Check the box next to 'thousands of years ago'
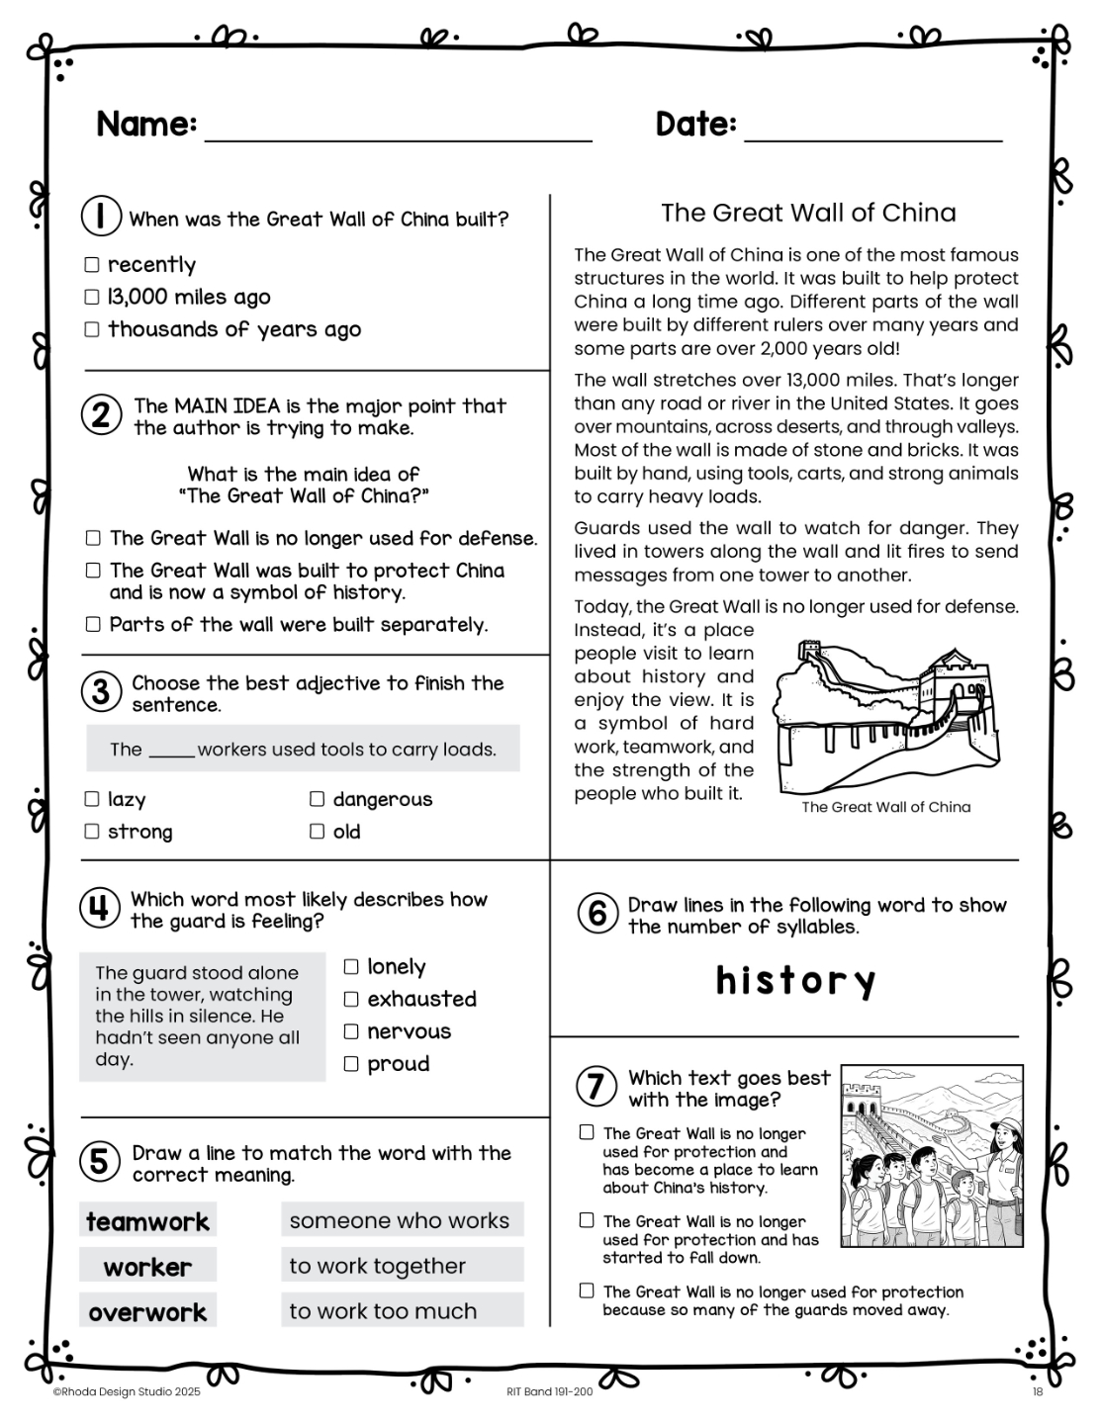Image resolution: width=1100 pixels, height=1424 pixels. pos(92,329)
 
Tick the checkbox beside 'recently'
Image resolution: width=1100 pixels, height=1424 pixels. pos(92,265)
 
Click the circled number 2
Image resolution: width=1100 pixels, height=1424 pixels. pos(101,415)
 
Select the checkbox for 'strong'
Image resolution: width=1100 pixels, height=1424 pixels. pos(92,832)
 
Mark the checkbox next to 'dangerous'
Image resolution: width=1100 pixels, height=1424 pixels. pos(317,799)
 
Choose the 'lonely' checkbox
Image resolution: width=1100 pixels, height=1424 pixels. pos(351,967)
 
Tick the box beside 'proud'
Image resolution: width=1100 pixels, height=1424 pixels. pos(351,1064)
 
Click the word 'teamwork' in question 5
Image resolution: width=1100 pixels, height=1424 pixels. pos(147,1221)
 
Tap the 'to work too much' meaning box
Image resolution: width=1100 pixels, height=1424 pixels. pos(402,1310)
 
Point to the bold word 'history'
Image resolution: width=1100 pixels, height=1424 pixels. pos(795,981)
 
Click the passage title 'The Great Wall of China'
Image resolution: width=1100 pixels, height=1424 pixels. pos(808,213)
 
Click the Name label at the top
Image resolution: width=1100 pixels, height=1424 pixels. pos(146,125)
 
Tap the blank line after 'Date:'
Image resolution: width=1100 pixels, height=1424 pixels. pos(872,133)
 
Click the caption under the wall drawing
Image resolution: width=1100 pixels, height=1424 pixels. pos(885,807)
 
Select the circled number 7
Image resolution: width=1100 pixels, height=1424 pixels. pos(596,1087)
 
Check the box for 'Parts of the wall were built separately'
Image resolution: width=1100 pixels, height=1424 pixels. pos(93,624)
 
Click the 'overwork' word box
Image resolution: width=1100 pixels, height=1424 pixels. pos(147,1312)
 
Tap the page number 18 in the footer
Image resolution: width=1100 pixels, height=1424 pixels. pos(1038,1392)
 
